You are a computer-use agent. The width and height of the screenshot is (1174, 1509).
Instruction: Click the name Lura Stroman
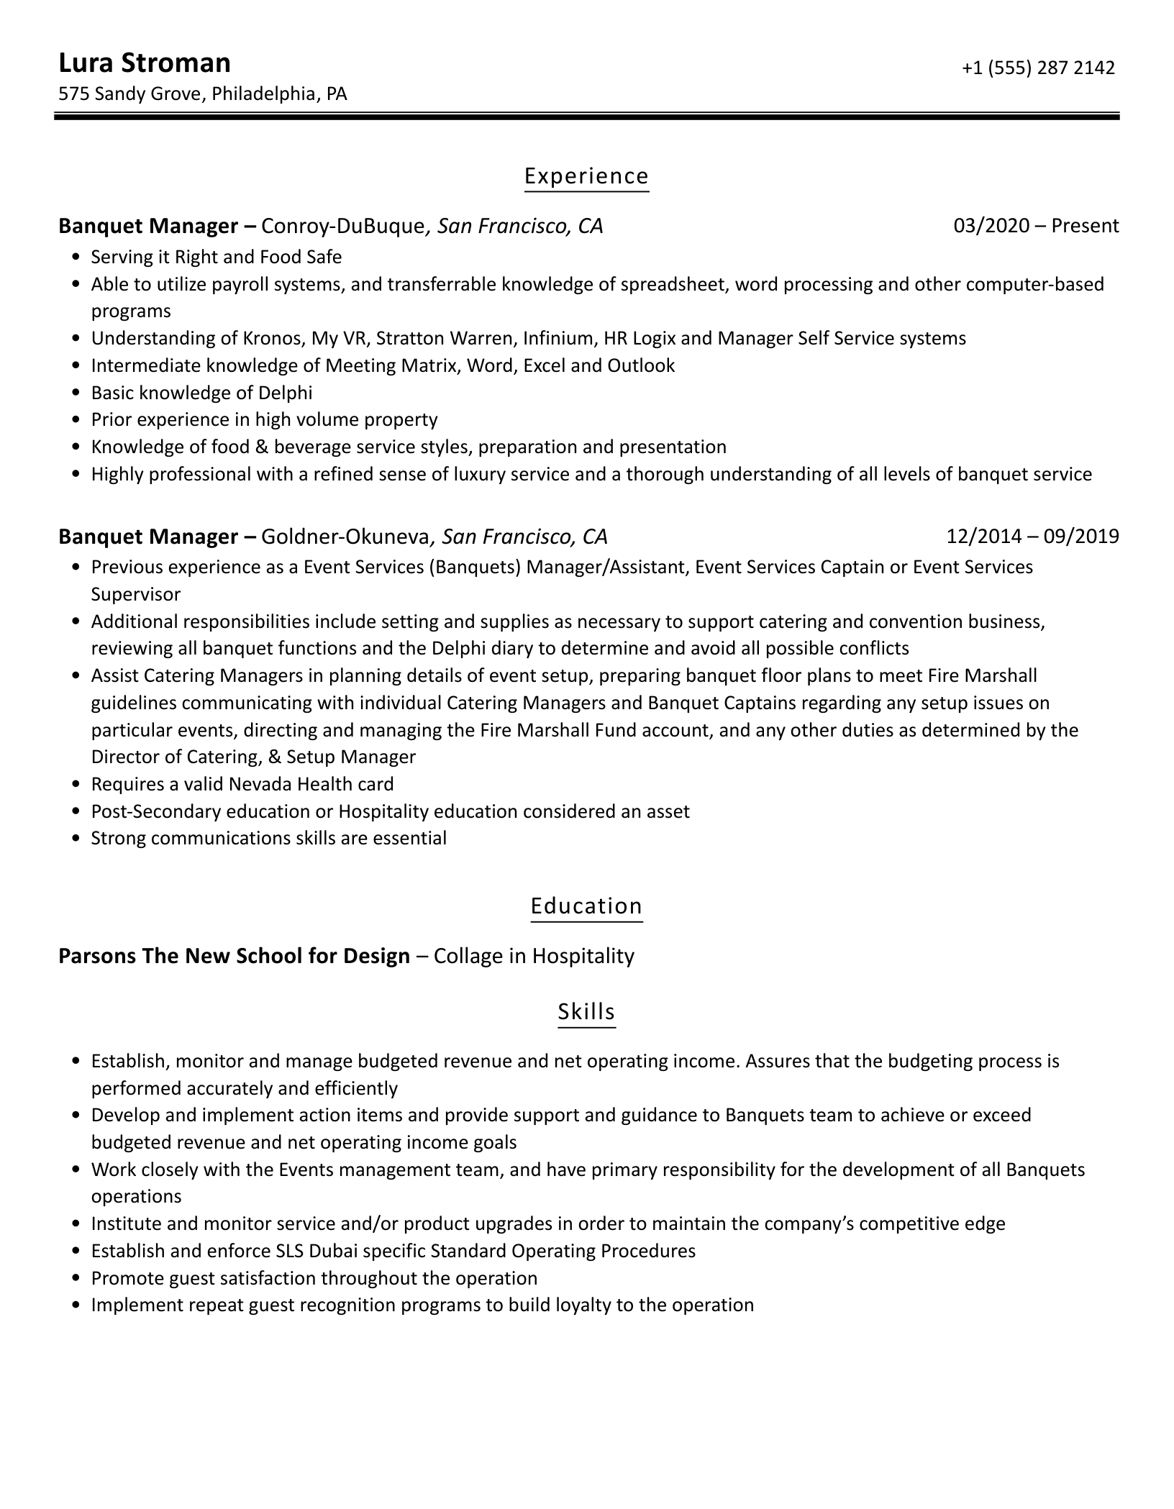144,63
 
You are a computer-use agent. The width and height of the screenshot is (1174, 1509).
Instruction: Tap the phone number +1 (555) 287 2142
1038,68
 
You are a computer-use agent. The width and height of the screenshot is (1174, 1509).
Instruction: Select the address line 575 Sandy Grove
202,94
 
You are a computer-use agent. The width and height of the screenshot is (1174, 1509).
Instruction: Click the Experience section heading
586,176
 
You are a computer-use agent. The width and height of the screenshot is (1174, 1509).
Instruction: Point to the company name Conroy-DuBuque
342,227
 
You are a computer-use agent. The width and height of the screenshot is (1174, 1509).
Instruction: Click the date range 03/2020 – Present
1036,226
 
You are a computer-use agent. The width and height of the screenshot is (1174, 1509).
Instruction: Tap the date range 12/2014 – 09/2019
1032,537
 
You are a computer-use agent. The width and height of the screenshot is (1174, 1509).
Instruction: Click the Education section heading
586,906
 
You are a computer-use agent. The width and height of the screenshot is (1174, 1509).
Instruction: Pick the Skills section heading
586,1012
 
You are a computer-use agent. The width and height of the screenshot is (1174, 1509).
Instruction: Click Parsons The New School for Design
234,956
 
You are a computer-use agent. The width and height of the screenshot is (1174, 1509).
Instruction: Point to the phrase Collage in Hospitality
534,956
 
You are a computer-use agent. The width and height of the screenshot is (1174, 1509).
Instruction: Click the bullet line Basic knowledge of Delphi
201,393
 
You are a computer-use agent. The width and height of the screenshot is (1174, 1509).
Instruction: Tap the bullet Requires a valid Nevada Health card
242,784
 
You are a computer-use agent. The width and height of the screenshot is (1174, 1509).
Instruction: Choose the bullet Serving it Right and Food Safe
216,257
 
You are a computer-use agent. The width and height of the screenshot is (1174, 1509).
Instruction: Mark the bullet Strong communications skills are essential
268,839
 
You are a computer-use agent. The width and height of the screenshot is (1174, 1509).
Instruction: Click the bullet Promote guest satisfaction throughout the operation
314,1278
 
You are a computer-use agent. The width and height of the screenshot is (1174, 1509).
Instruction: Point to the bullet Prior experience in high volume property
264,420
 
